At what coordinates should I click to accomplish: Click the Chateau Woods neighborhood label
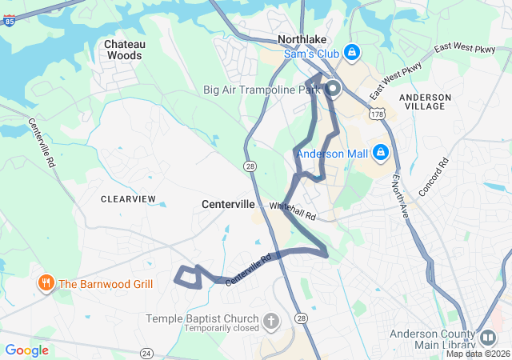tap(123, 50)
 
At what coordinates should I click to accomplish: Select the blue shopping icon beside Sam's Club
tap(351, 53)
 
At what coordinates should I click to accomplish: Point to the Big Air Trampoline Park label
tap(262, 90)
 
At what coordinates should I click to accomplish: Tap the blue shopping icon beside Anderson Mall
tap(381, 152)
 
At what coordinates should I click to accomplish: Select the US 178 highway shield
tap(375, 115)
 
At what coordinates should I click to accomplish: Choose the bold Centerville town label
tap(228, 205)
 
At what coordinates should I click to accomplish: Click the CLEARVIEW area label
tap(128, 198)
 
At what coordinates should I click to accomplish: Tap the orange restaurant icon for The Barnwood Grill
tap(46, 283)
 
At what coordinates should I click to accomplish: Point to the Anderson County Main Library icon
tap(486, 337)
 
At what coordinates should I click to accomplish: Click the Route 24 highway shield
tap(146, 352)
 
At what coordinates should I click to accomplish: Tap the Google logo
tap(26, 350)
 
